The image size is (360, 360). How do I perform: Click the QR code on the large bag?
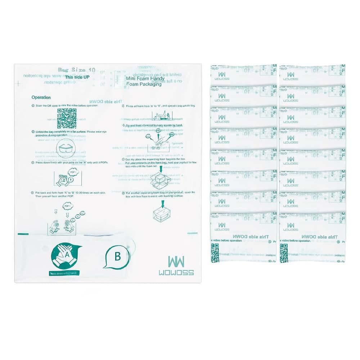(67, 118)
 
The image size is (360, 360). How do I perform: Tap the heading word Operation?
(41, 97)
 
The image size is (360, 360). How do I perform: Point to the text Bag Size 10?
(76, 70)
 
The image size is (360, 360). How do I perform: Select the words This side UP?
(77, 77)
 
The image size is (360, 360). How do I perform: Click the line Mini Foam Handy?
(145, 78)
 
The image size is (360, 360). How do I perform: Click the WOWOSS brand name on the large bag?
(181, 273)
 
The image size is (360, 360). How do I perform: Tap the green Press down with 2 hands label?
(65, 273)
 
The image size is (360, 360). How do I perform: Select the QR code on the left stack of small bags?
(215, 253)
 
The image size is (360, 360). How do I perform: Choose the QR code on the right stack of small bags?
(284, 253)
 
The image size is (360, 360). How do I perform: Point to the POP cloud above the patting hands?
(68, 206)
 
